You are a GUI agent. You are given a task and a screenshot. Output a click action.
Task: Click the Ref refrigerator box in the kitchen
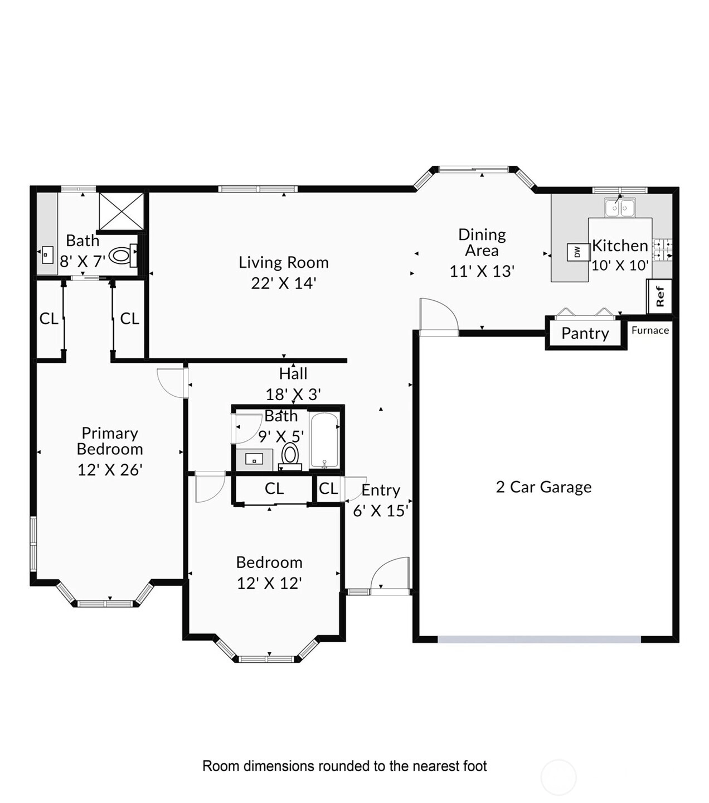click(659, 296)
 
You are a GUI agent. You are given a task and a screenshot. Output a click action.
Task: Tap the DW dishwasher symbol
click(577, 252)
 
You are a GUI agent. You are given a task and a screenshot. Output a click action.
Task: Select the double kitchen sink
click(620, 207)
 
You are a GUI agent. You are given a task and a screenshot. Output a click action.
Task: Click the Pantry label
click(585, 333)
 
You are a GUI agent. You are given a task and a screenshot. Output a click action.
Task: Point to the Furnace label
click(650, 330)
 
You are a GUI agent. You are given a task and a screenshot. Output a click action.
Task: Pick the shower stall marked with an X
click(121, 211)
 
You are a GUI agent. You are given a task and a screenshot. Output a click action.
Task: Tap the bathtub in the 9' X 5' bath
click(324, 440)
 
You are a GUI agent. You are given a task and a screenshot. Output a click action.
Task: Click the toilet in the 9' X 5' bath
click(290, 456)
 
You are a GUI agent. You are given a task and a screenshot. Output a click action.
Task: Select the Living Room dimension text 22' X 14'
click(284, 283)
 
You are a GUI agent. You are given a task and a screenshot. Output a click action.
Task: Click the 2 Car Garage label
click(543, 487)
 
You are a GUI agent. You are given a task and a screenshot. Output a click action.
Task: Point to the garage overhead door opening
click(539, 639)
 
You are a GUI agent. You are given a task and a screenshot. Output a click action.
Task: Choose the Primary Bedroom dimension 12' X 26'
click(110, 470)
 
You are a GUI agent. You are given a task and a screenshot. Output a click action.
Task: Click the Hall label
click(293, 374)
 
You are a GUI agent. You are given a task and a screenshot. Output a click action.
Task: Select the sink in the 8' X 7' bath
click(47, 255)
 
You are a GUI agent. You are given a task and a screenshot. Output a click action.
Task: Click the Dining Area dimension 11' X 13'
click(482, 271)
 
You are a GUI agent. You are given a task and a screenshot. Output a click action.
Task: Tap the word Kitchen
click(620, 246)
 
